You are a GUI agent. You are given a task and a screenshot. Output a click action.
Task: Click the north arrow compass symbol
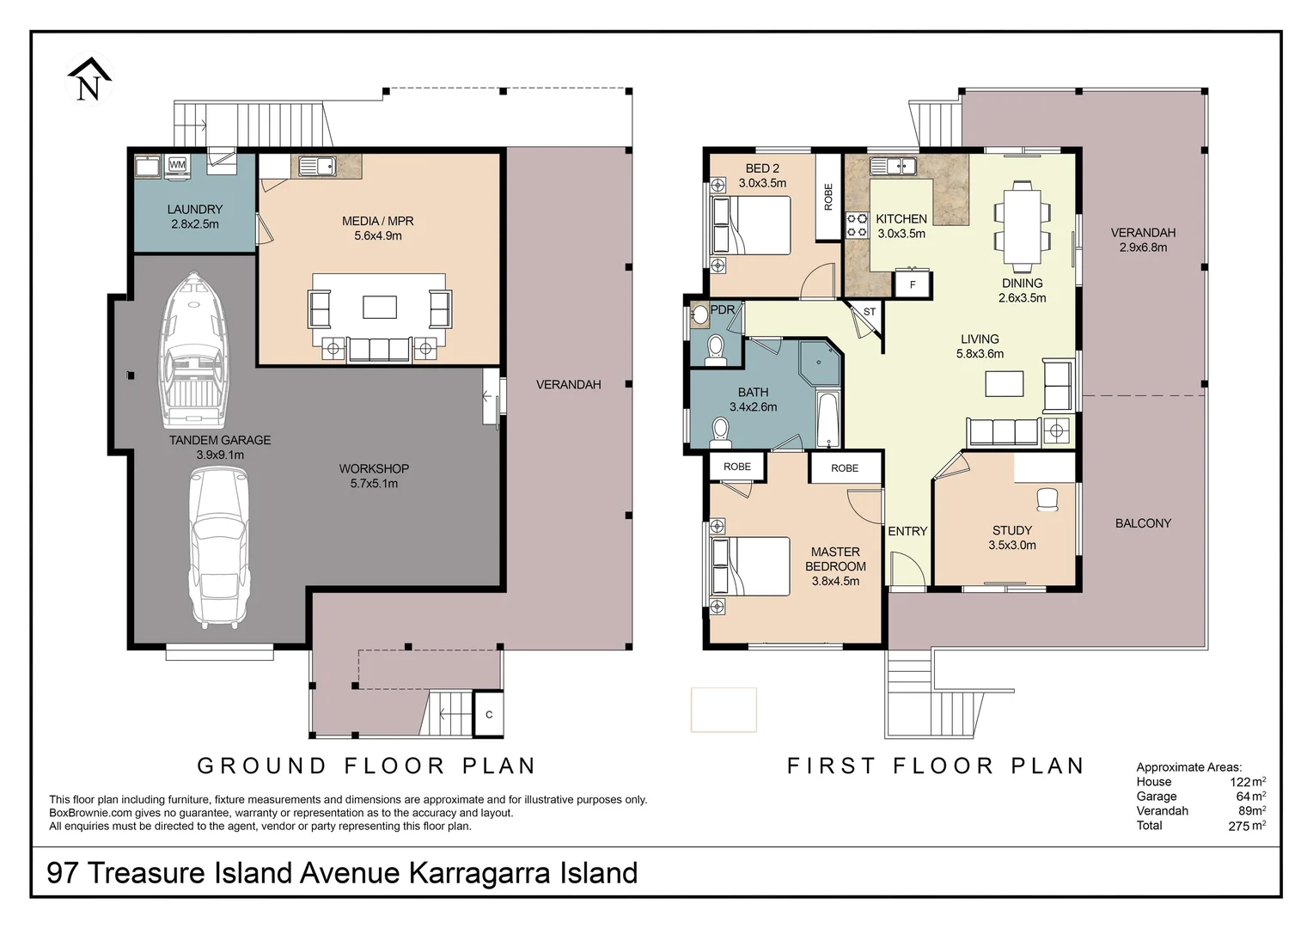pyautogui.click(x=89, y=79)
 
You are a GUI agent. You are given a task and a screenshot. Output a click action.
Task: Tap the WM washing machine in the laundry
pyautogui.click(x=177, y=165)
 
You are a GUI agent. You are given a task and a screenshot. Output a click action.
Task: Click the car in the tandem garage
pyautogui.click(x=219, y=547)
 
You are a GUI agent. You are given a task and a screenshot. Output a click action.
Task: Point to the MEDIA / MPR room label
pyautogui.click(x=377, y=221)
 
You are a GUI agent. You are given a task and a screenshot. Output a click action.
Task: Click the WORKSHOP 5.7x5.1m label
pyautogui.click(x=374, y=476)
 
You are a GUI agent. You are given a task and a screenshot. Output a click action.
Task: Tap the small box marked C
pyautogui.click(x=488, y=714)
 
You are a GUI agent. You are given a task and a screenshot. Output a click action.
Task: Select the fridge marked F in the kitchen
pyautogui.click(x=913, y=285)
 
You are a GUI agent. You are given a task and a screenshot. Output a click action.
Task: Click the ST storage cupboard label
pyautogui.click(x=870, y=312)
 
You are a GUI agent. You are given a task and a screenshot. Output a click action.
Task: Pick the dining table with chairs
pyautogui.click(x=1022, y=227)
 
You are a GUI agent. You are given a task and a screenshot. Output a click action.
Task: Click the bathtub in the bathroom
pyautogui.click(x=829, y=418)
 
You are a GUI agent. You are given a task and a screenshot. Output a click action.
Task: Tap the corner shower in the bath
pyautogui.click(x=820, y=363)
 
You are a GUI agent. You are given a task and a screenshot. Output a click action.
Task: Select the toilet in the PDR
pyautogui.click(x=715, y=350)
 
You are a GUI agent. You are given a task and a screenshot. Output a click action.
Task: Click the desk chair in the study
pyautogui.click(x=1047, y=499)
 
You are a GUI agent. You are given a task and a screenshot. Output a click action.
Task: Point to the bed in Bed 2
pyautogui.click(x=751, y=225)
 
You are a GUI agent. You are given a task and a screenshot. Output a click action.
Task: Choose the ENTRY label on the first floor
pyautogui.click(x=907, y=531)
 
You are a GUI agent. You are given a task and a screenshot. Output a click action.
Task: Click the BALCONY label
pyautogui.click(x=1143, y=523)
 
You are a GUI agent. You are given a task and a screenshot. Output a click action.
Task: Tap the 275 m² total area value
pyautogui.click(x=1247, y=826)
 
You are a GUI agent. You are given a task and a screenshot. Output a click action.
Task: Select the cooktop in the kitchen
pyautogui.click(x=857, y=225)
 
